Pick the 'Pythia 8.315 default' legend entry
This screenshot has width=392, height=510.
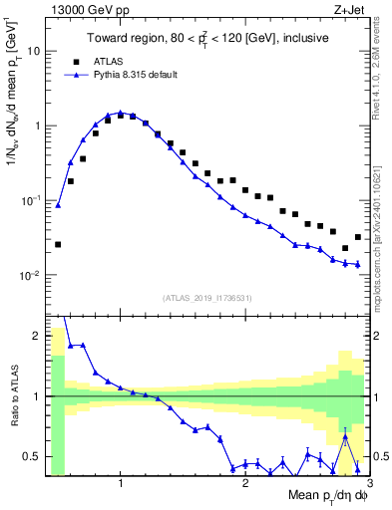coord(135,75)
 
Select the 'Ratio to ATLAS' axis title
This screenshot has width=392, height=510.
coord(13,396)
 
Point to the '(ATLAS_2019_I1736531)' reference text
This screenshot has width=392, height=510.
coord(206,298)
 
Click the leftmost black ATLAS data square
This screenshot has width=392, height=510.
coord(58,244)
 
